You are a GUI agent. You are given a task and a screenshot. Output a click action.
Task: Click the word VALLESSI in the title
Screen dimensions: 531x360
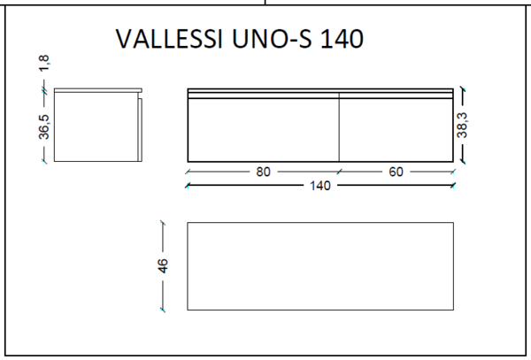(x=169, y=39)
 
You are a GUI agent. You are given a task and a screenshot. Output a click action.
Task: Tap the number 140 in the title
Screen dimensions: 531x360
(x=342, y=39)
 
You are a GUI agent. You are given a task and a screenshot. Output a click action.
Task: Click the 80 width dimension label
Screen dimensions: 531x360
(x=263, y=172)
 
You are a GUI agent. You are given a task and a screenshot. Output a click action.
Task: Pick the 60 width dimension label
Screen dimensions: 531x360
(x=396, y=172)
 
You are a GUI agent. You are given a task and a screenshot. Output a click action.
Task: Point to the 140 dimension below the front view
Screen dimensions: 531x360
(x=320, y=186)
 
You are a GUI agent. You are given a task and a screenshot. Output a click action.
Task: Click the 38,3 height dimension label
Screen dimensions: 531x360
(x=462, y=126)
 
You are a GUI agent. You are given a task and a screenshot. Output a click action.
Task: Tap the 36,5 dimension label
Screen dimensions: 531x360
(x=43, y=126)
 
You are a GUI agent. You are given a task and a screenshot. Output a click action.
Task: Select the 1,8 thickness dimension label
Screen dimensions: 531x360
(x=43, y=64)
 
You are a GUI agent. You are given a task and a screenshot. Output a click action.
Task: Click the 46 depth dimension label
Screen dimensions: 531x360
(x=163, y=265)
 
